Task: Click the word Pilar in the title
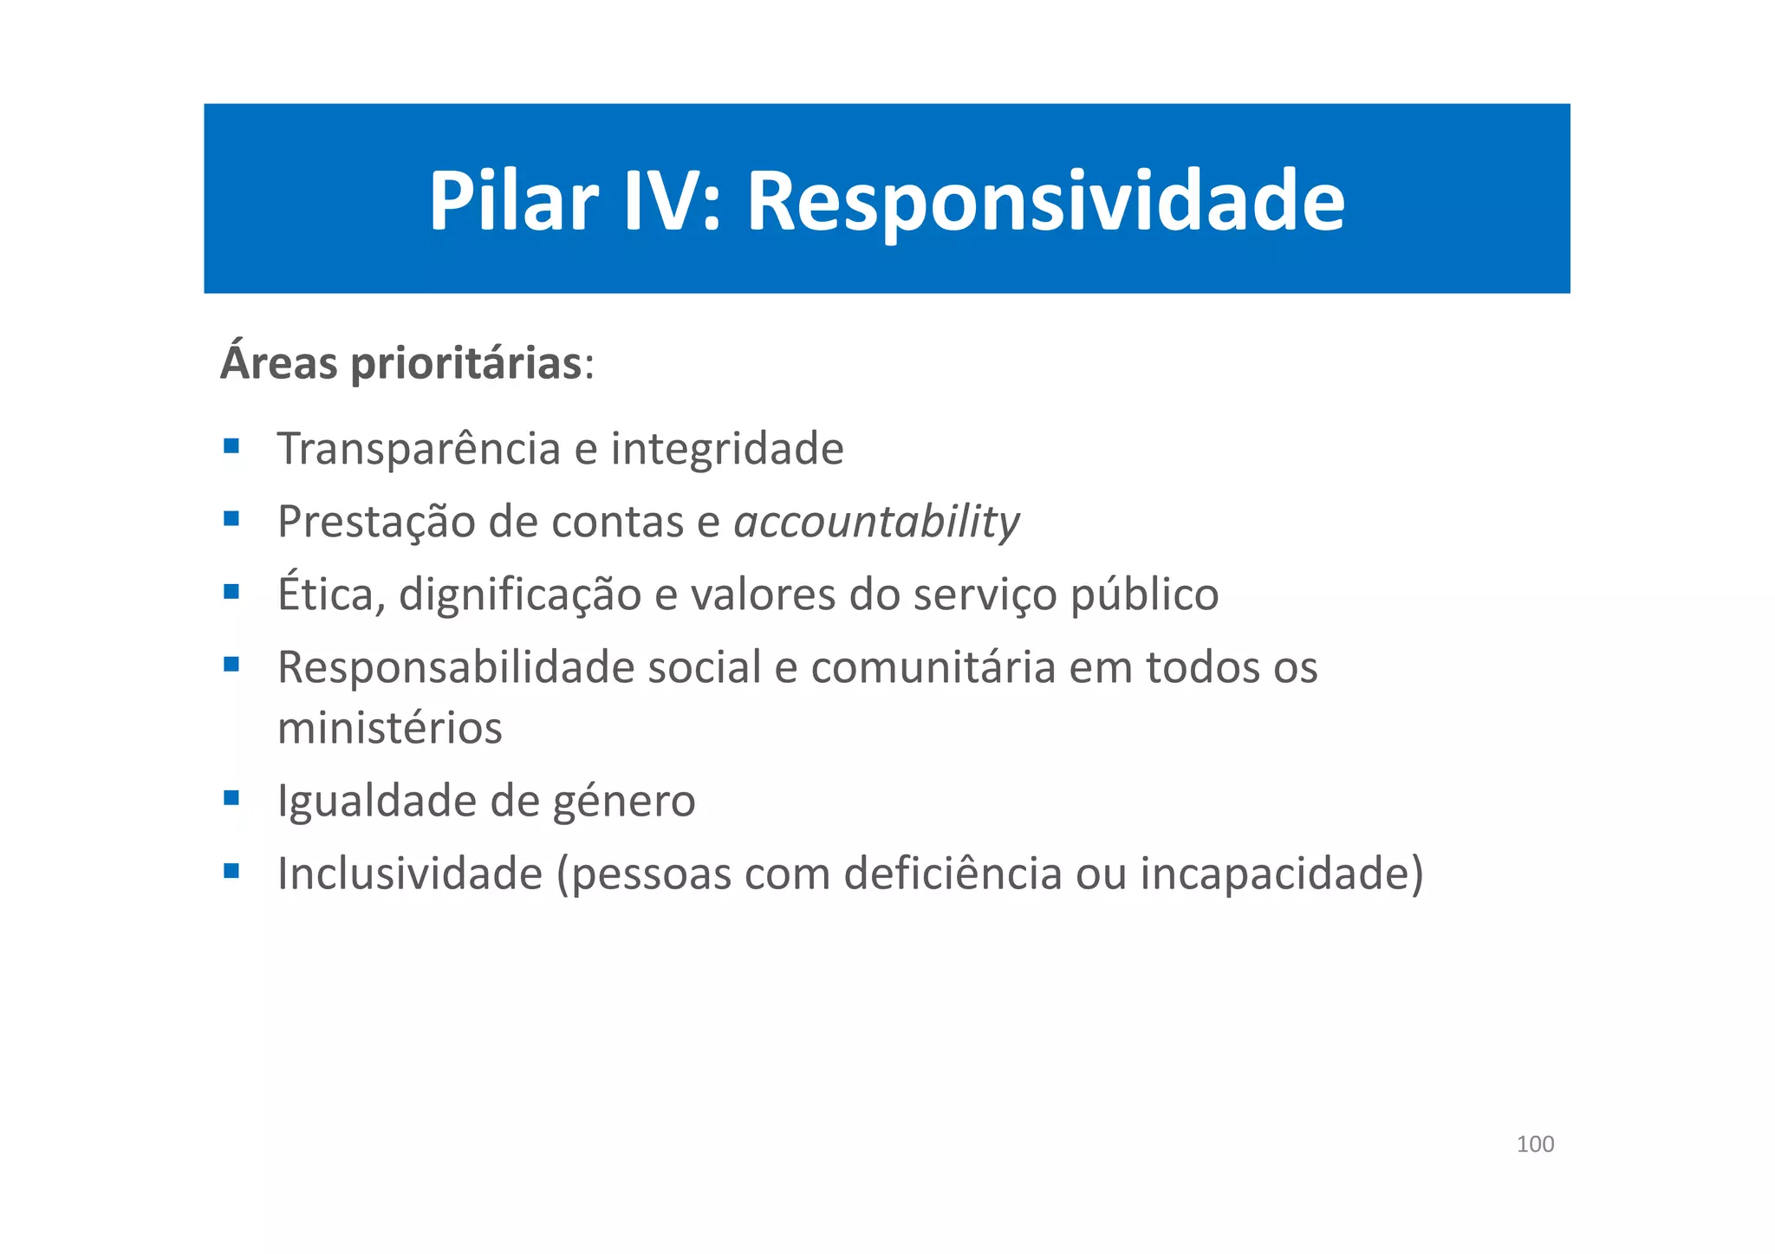[513, 201]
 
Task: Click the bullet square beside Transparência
[231, 446]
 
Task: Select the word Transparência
[419, 449]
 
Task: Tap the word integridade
[726, 449]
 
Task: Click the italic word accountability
[876, 523]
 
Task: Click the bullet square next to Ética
[231, 592]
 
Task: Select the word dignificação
[519, 595]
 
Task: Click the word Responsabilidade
[456, 667]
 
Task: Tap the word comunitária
[933, 667]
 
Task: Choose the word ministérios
[389, 728]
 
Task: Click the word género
[623, 802]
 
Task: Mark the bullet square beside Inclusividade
[231, 871]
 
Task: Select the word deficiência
[953, 874]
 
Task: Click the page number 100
[1535, 1144]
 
